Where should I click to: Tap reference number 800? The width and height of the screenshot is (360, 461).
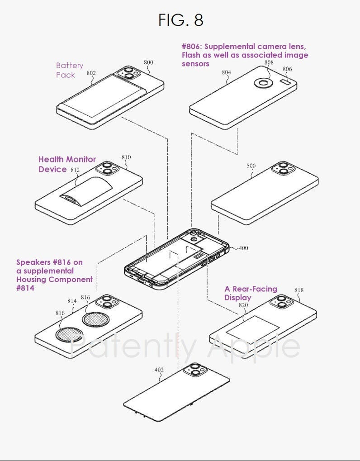(x=148, y=63)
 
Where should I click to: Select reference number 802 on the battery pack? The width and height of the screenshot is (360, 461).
(x=91, y=72)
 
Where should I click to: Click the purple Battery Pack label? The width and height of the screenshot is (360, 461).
(x=69, y=70)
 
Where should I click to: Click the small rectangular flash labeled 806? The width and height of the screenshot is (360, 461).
(x=286, y=81)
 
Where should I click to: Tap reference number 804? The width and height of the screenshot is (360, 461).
(x=227, y=72)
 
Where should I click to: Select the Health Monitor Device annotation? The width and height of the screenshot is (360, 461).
(x=67, y=164)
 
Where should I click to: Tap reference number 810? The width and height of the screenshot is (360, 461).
(x=126, y=157)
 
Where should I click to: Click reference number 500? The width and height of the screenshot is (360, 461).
(x=251, y=166)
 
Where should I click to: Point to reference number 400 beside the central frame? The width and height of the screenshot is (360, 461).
(x=243, y=248)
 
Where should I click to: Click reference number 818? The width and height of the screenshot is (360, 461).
(x=299, y=290)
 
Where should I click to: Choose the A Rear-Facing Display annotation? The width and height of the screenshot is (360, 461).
(x=251, y=293)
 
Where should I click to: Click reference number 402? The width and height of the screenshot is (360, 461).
(x=159, y=370)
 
